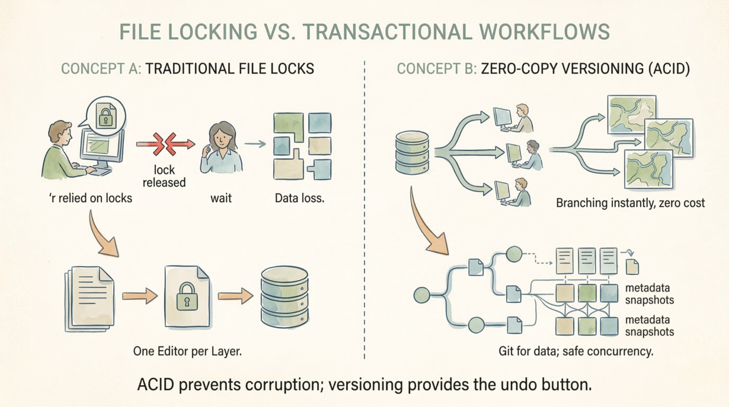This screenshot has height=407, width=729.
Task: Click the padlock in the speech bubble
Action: click(x=105, y=117)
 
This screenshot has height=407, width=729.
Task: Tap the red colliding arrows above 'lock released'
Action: click(x=165, y=144)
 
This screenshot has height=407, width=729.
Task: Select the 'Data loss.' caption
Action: click(x=299, y=198)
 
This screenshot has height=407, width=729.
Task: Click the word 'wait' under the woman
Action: click(x=220, y=198)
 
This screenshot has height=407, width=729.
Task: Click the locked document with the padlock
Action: click(x=187, y=296)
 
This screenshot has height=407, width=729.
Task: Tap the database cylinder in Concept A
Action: click(x=284, y=298)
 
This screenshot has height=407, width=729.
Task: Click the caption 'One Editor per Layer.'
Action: click(x=187, y=351)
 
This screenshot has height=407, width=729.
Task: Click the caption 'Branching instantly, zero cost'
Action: click(x=630, y=203)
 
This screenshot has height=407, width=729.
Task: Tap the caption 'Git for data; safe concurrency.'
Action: click(x=576, y=351)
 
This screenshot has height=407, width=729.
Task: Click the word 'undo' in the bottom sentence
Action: click(x=510, y=384)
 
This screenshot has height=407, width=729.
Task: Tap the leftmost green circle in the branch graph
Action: click(x=421, y=295)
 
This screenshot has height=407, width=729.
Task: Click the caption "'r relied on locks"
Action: click(x=90, y=198)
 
